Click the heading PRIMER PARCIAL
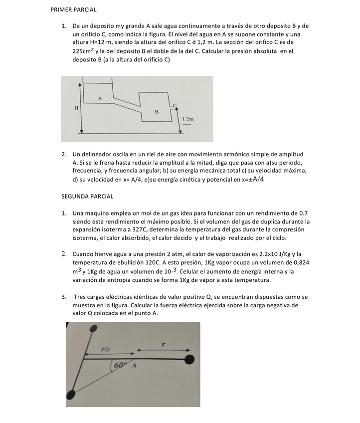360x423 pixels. coord(74,9)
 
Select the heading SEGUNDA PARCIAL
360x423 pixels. coord(87,197)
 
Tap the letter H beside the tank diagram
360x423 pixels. coord(76,108)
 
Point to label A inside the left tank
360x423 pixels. coord(100,98)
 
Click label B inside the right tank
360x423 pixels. coord(157,111)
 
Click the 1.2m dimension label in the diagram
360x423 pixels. coord(187,119)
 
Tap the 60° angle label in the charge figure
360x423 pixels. coord(120,365)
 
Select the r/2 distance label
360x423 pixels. coord(106,349)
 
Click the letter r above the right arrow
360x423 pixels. coord(164,344)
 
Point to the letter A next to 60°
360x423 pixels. coord(134,366)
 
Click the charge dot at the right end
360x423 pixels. coord(189,359)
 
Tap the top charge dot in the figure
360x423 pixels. coord(93,329)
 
